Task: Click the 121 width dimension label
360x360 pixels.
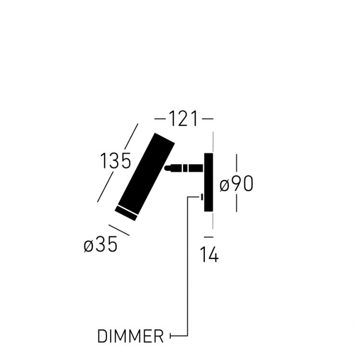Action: coord(183,119)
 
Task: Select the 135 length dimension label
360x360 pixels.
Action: coord(116,161)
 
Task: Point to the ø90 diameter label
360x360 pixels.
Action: coord(237,184)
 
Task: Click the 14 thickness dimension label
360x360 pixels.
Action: coord(210,254)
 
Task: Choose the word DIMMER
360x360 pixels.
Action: coord(131,336)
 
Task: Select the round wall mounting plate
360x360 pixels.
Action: coord(209,182)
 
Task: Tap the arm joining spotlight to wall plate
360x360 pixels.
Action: coord(184,168)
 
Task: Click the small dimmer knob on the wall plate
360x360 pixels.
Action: coord(202,197)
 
